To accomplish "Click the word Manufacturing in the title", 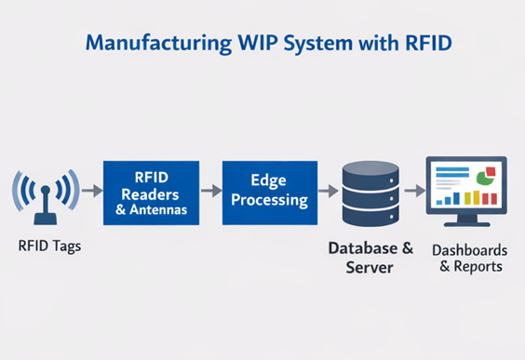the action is click(x=158, y=44).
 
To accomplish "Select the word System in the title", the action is click(x=317, y=44).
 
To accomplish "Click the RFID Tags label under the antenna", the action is click(x=49, y=247).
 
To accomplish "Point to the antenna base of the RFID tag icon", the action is click(x=46, y=220).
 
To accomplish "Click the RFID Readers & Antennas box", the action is click(x=152, y=193).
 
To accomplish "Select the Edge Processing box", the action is click(x=270, y=193).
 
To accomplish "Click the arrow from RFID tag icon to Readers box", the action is click(x=92, y=191).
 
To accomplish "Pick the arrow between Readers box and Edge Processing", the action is click(x=211, y=191).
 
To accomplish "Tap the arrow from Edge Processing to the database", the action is click(x=328, y=191).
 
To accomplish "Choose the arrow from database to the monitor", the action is click(x=415, y=191).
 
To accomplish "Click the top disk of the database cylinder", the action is click(x=370, y=175).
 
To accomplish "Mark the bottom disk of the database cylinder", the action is click(x=370, y=217).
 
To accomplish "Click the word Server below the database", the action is click(x=370, y=267).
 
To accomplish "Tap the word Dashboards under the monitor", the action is click(x=470, y=250).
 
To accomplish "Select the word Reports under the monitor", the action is click(x=478, y=266).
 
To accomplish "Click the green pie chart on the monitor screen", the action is click(x=484, y=178).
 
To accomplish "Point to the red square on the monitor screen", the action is click(x=491, y=171).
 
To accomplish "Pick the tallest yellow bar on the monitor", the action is click(x=476, y=197).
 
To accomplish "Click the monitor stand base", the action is click(x=467, y=224).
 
